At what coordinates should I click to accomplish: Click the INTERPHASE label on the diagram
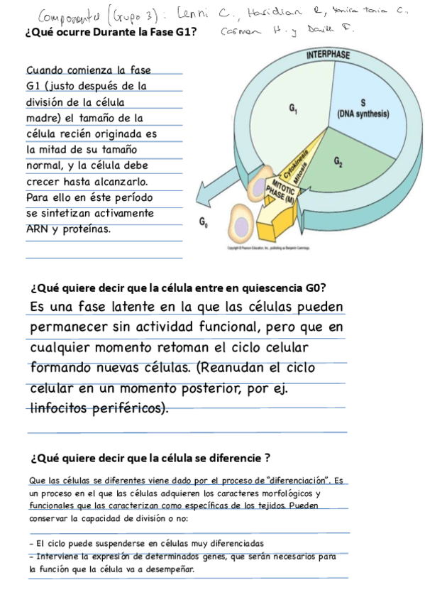[328, 55]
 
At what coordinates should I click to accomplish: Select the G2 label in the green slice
[339, 163]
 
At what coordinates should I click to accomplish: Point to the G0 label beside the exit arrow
[204, 223]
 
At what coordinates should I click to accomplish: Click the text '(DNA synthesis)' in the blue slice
[363, 113]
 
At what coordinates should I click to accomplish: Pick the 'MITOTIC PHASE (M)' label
[282, 189]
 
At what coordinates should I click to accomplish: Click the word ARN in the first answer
[37, 229]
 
